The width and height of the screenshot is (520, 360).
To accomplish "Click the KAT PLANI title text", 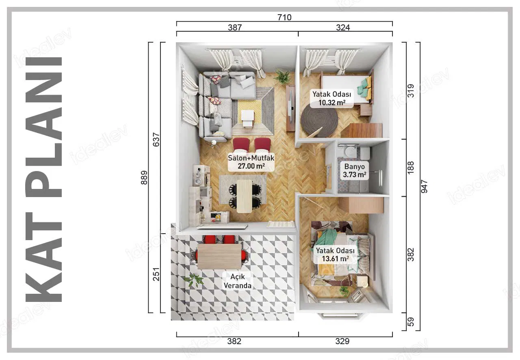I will [x=44, y=179].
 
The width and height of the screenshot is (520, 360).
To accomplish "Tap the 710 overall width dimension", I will [x=284, y=17].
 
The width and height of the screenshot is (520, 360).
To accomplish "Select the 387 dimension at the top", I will [x=235, y=28].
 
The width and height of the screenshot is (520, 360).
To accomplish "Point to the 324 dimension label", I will [x=343, y=28].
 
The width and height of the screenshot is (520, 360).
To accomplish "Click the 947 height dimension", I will [x=425, y=186].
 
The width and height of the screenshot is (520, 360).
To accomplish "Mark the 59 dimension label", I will [x=411, y=322].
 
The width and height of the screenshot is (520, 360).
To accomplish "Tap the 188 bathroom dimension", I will [x=411, y=168].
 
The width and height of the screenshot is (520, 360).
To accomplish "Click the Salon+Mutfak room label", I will [x=251, y=162].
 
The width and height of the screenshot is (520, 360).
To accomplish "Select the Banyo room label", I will [x=355, y=171].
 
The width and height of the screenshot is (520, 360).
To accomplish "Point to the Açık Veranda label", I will [x=238, y=281].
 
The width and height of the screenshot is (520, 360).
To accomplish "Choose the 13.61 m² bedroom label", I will [x=335, y=255].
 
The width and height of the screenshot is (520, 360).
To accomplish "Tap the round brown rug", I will [x=319, y=121].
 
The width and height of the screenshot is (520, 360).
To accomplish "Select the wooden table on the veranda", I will [x=219, y=256].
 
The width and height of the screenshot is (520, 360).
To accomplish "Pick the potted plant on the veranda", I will [x=194, y=280].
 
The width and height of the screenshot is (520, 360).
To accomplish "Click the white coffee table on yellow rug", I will [x=248, y=118].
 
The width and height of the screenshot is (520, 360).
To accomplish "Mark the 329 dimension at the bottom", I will [x=342, y=341].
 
